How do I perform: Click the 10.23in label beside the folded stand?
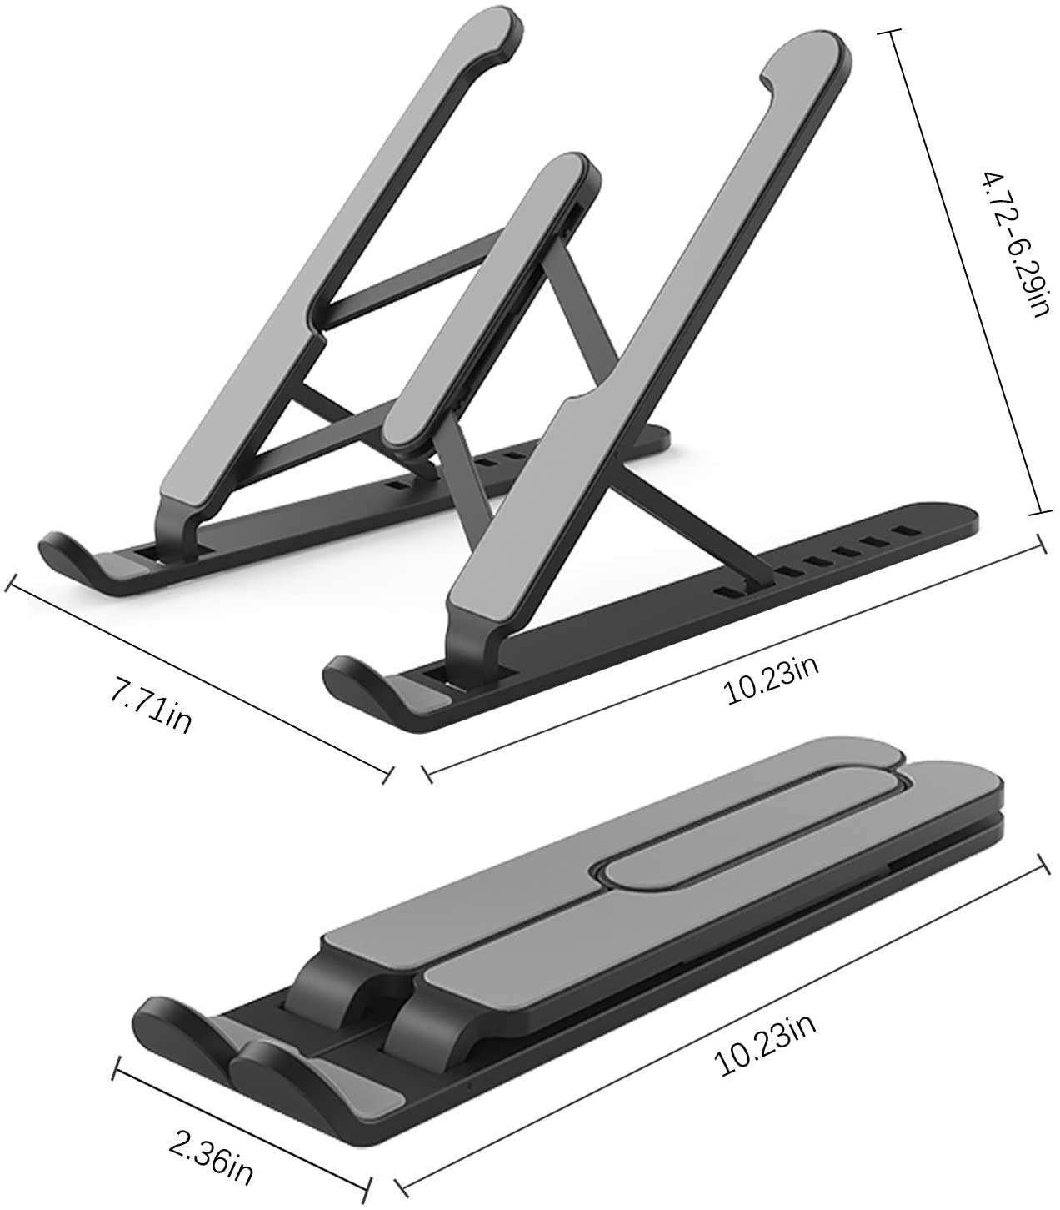766,1036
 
